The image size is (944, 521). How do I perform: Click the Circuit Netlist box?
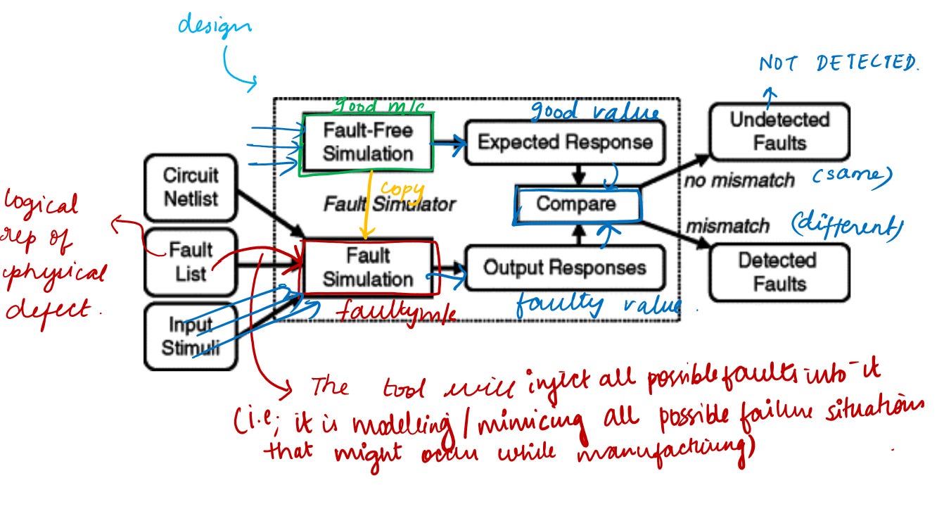[x=191, y=187]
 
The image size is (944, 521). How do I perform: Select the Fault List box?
[x=191, y=261]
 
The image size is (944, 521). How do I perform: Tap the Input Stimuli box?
[x=190, y=336]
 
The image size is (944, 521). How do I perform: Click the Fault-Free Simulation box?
[x=368, y=142]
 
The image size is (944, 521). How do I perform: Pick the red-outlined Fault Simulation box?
[x=368, y=267]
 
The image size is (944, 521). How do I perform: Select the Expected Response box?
[x=565, y=142]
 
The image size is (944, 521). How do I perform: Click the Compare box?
[x=576, y=204]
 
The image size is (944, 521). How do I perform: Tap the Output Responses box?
[x=565, y=268]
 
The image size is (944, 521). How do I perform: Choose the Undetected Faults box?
[x=779, y=132]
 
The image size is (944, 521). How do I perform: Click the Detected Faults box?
[x=777, y=272]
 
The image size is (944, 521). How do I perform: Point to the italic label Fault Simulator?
[x=389, y=204]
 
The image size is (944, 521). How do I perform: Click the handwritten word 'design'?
[x=213, y=27]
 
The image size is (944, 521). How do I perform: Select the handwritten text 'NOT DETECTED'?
[x=838, y=64]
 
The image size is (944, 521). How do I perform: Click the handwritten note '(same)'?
[x=854, y=175]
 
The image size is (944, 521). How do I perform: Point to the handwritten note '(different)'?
[x=846, y=226]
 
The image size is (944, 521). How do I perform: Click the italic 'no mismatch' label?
[x=739, y=181]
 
